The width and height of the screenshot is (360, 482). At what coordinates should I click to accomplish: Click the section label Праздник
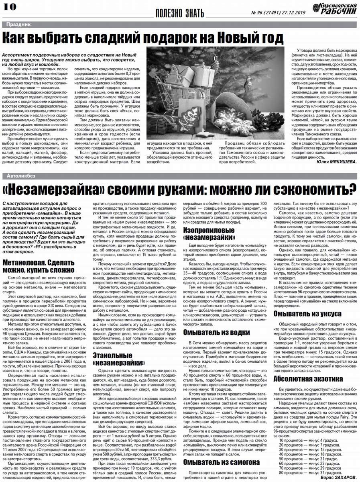pyautogui.click(x=18, y=25)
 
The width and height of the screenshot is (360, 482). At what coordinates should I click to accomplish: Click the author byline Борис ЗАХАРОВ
pyautogui.click(x=338, y=478)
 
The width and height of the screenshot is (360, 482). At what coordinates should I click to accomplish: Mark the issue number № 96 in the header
pyautogui.click(x=258, y=12)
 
